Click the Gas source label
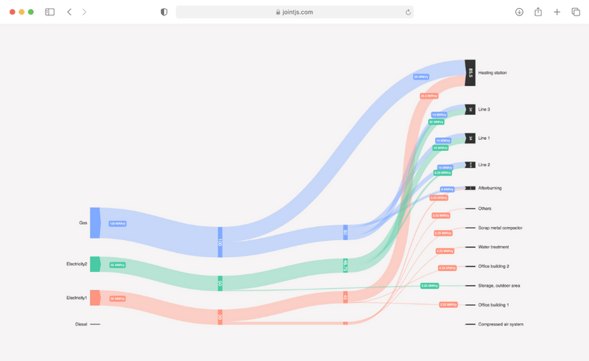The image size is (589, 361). pos(83,222)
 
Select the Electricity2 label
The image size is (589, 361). pos(77,264)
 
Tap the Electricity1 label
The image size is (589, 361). pos(77,298)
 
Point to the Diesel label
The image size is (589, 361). pos(81,324)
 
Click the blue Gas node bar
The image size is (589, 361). pos(95,222)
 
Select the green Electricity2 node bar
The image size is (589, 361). pos(95,264)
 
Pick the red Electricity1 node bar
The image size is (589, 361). pos(95,298)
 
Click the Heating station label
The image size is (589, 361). pos(493,72)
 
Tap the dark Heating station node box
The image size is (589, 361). pos(470,72)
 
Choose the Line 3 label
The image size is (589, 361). pos(484,109)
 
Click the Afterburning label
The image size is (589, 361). pos(490,188)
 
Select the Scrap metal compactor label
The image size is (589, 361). pos(500,228)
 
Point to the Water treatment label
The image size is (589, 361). pos(493,247)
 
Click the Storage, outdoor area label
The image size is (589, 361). pos(499,285)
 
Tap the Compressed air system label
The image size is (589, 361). pos(501,324)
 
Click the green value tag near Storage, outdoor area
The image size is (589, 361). pos(428,285)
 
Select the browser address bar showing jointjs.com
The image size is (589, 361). pos(294,12)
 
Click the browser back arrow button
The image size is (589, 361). pos(69,12)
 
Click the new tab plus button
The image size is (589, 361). pos(557,12)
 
